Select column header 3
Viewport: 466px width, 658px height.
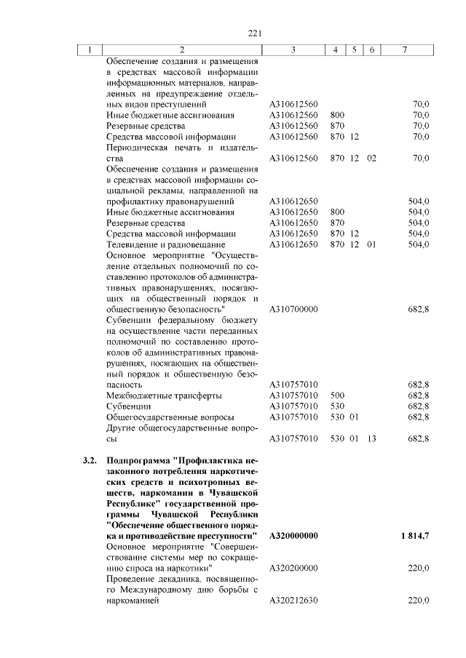(x=293, y=50)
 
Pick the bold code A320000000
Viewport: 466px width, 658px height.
(x=294, y=536)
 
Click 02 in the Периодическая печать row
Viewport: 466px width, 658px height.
(x=371, y=158)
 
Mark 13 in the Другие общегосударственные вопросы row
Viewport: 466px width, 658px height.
(x=371, y=438)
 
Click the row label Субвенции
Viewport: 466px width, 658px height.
(x=129, y=406)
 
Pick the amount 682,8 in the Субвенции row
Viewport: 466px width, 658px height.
(x=419, y=406)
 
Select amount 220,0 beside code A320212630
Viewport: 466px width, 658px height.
(x=419, y=601)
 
